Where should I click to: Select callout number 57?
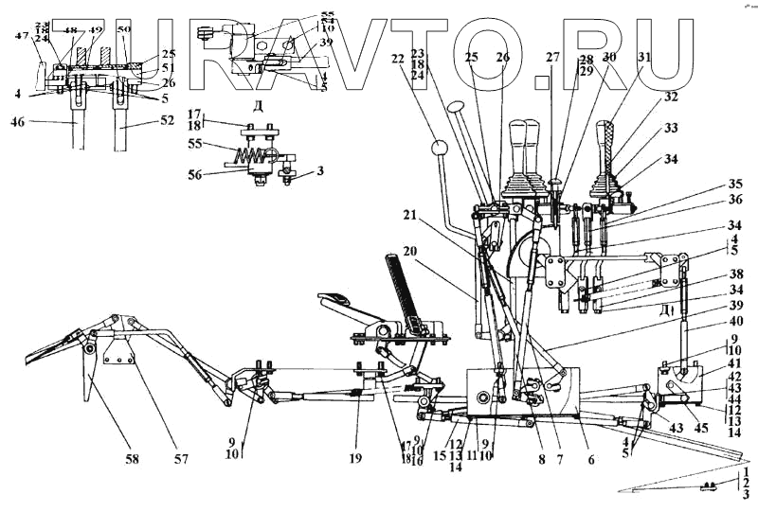(180, 459)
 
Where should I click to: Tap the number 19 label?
(354, 459)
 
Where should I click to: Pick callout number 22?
(397, 59)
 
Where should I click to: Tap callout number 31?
(644, 57)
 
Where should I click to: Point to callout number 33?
(671, 128)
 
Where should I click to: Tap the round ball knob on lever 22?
(438, 149)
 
